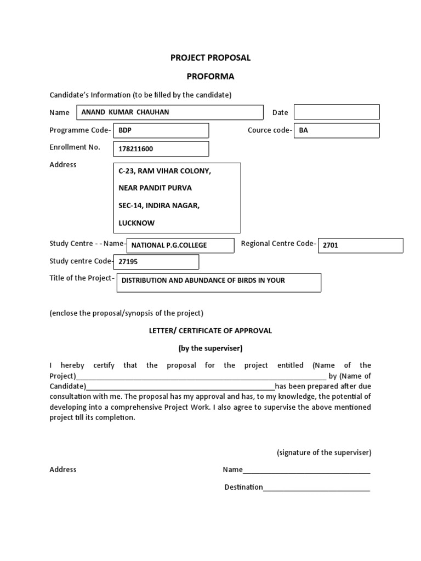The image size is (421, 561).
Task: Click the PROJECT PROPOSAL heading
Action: coord(210,58)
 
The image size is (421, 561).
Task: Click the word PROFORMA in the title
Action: coord(210,76)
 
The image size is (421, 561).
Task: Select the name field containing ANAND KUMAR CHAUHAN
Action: coord(170,112)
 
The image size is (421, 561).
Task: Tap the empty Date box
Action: coord(337,112)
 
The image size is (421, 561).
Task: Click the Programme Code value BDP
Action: coord(161,130)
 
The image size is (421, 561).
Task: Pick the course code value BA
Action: coord(337,130)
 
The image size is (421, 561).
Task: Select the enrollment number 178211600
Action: coord(161,148)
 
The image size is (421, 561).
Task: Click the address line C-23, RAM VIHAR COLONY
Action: coord(164,171)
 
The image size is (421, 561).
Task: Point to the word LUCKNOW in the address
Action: coord(136,223)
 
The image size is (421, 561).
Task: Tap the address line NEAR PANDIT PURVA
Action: coord(155,188)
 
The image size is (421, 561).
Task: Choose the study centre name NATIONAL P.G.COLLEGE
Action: coord(180,245)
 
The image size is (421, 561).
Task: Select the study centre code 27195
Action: coord(156,262)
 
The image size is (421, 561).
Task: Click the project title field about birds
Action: coord(218,282)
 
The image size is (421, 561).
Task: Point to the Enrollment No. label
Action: coord(75,147)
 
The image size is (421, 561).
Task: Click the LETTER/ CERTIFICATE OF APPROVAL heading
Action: coord(210,331)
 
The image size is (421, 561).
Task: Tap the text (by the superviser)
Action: coord(210,348)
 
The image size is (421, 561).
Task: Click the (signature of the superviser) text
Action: coord(324,453)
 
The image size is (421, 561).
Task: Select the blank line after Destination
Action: coord(316,488)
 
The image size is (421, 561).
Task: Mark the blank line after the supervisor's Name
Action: coord(306,470)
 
